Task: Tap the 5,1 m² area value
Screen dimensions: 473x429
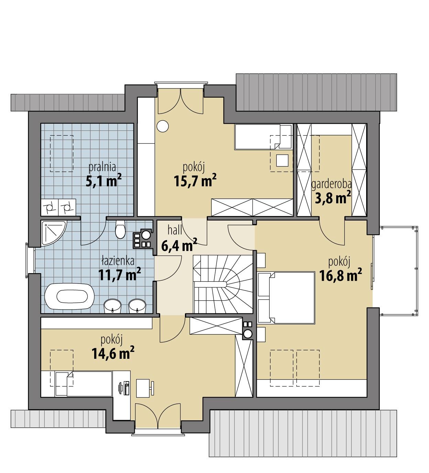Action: pos(104,181)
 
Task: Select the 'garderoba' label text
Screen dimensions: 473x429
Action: pos(331,185)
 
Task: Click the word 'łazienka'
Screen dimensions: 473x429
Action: pos(118,261)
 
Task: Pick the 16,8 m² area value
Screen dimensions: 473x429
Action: pos(340,275)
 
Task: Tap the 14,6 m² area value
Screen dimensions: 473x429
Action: pos(112,353)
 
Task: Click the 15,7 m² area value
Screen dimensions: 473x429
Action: pos(195,181)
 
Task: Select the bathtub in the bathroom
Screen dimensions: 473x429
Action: pos(69,296)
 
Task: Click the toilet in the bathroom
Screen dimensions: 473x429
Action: pos(120,229)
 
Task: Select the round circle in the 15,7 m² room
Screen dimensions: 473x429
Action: pos(163,126)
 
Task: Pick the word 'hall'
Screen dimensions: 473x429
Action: pos(175,230)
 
